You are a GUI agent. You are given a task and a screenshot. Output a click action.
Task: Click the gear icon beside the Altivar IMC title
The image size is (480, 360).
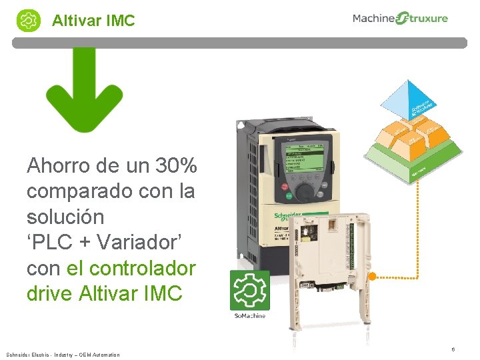click(x=29, y=20)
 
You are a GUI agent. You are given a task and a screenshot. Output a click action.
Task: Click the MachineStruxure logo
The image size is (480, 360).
click(x=400, y=19)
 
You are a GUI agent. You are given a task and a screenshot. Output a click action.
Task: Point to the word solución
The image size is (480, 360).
click(x=65, y=217)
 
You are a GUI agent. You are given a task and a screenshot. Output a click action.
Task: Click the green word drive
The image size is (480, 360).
click(x=50, y=293)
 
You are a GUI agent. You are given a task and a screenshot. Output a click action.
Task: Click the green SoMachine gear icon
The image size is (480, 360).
click(x=249, y=290)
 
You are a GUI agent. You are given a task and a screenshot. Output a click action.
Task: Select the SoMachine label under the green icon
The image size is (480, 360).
click(x=249, y=315)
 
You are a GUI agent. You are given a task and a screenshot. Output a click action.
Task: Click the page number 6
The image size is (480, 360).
click(x=453, y=349)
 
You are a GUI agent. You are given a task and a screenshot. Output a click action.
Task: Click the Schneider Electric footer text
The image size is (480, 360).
click(x=63, y=355)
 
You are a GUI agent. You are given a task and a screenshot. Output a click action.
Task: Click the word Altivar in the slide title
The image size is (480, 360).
click(x=75, y=21)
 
